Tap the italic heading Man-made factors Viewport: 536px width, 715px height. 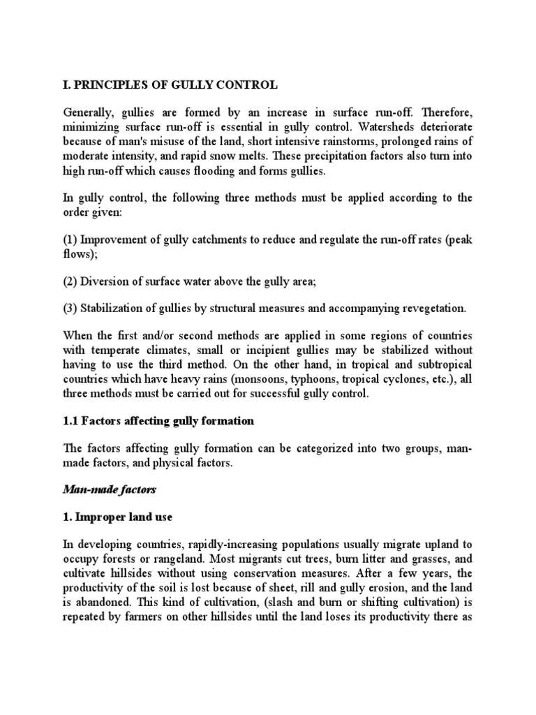107,491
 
